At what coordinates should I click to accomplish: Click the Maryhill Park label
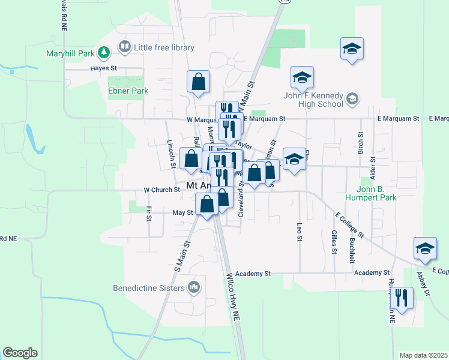(x=71, y=53)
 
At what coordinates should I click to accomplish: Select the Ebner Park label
(x=128, y=91)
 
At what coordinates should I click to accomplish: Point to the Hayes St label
(x=103, y=68)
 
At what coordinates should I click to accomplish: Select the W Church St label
(x=162, y=190)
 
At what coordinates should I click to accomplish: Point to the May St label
(x=182, y=212)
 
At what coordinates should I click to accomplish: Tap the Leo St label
(x=299, y=232)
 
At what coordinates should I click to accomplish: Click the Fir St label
(x=148, y=213)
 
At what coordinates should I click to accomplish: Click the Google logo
(x=20, y=353)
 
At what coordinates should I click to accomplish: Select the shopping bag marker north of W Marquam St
(x=197, y=83)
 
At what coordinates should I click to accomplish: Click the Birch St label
(x=361, y=143)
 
